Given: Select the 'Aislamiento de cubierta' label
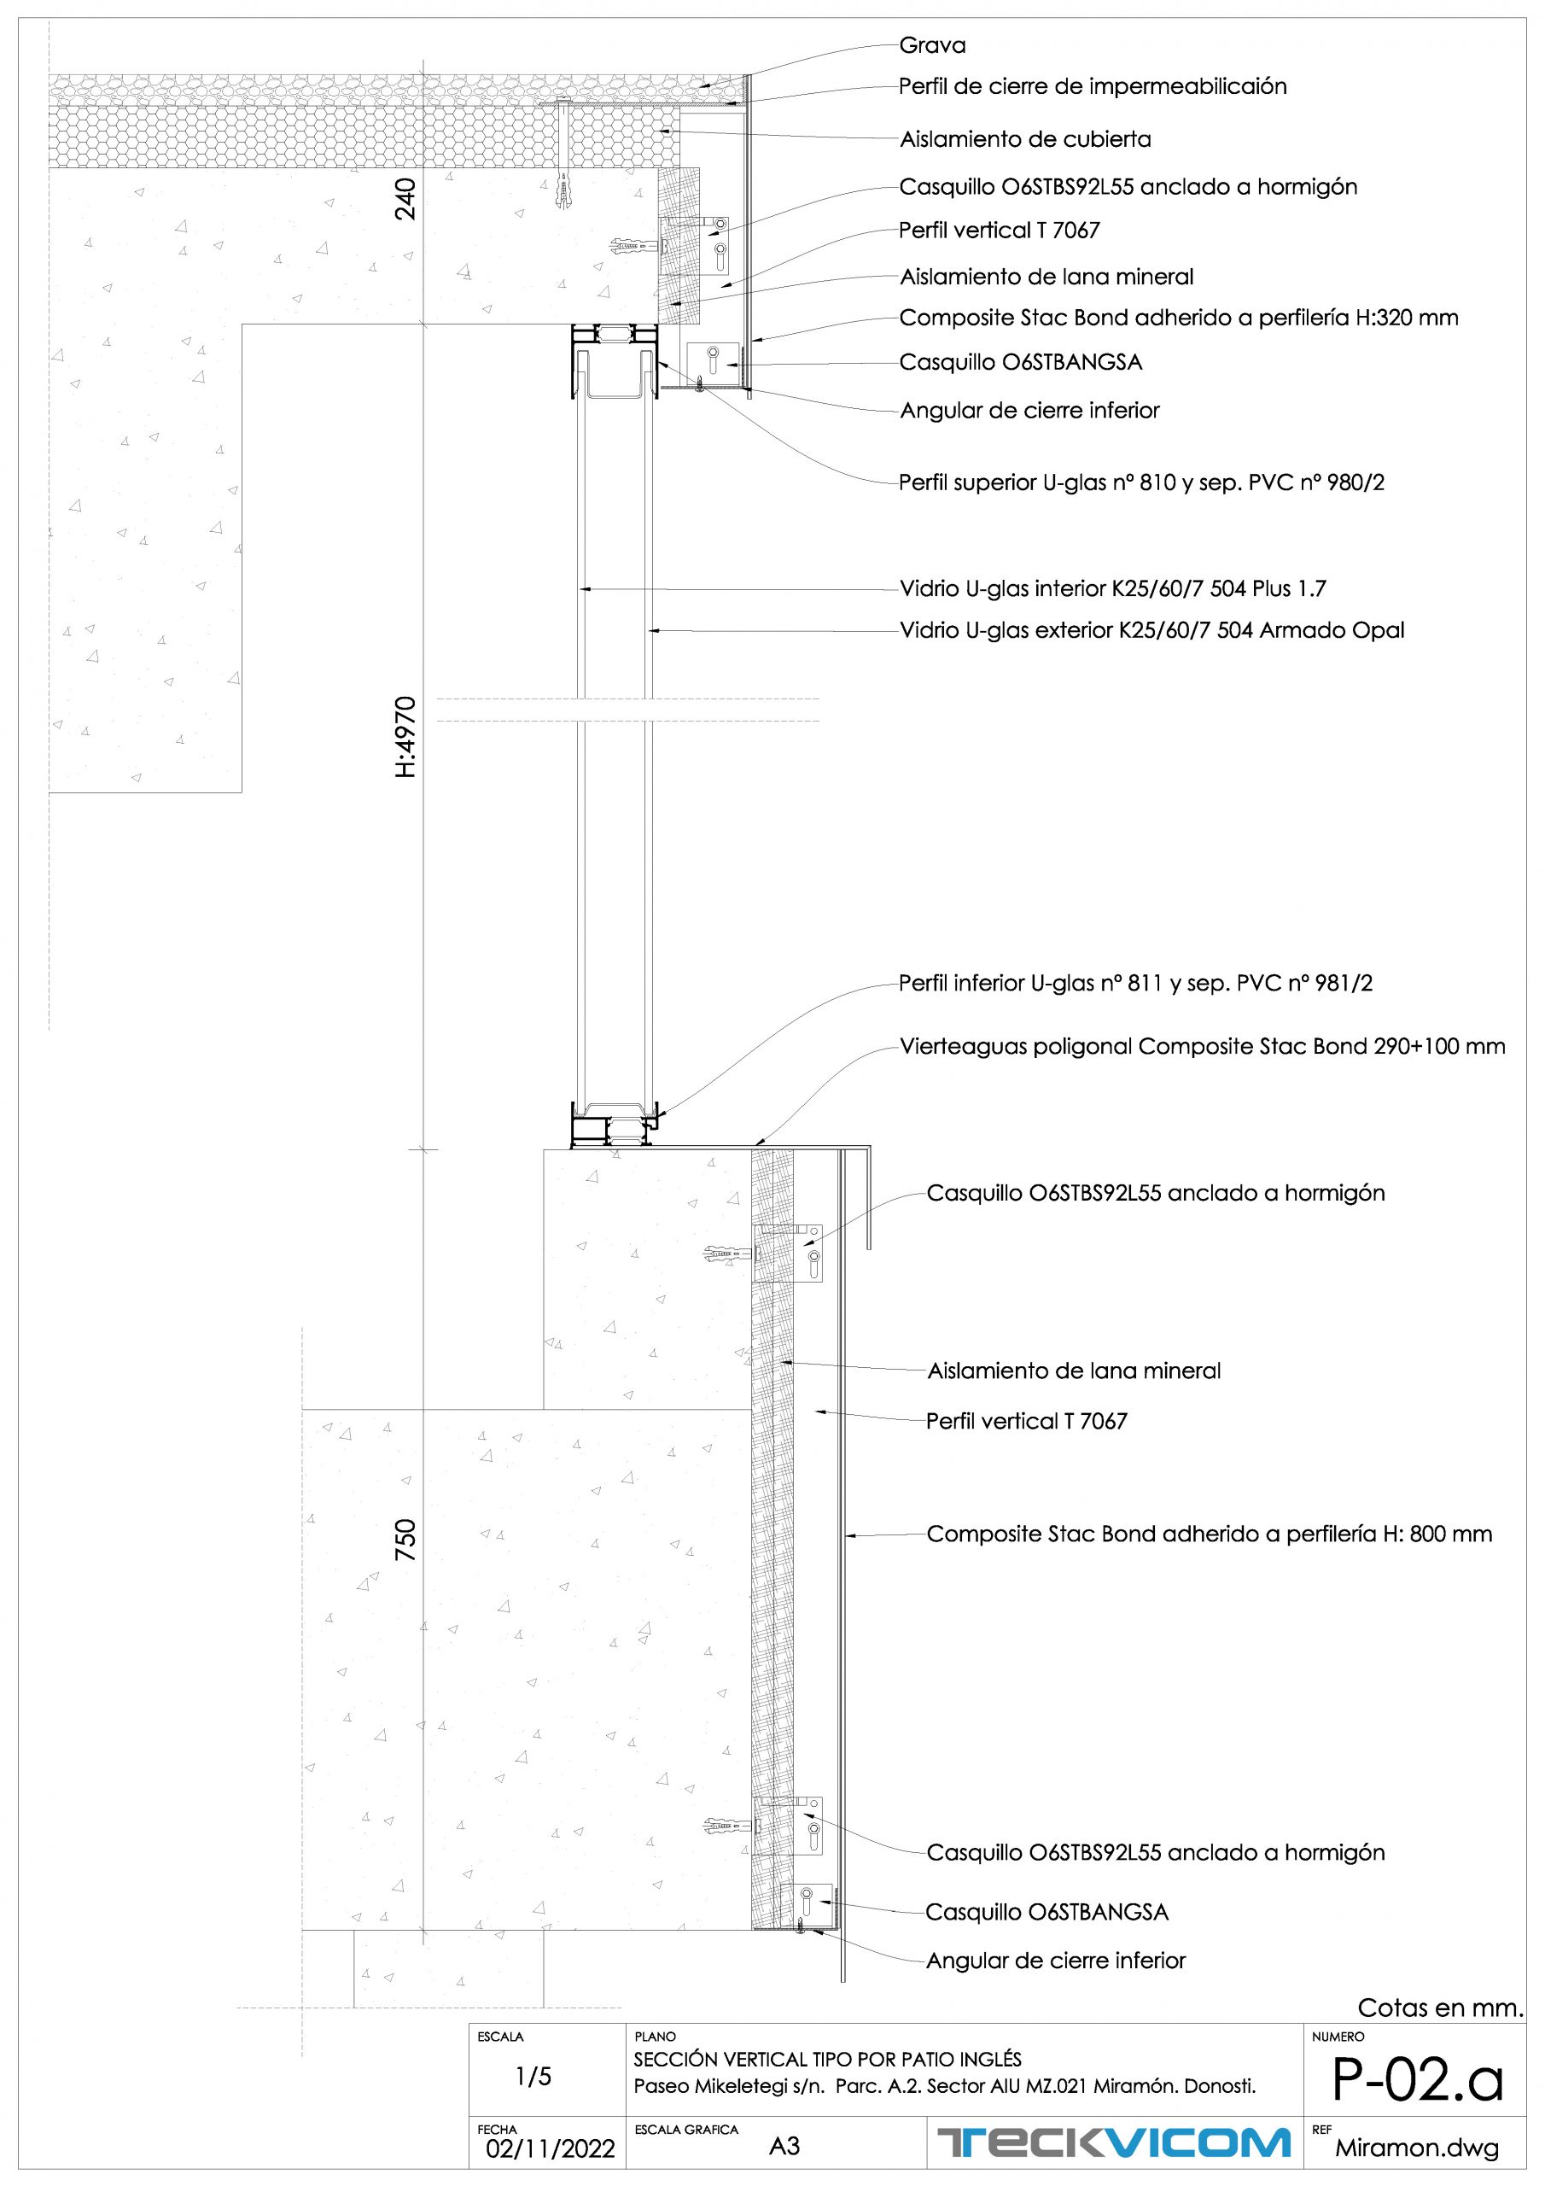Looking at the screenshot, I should click(1025, 140).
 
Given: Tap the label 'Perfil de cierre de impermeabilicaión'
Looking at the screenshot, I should click(1092, 86).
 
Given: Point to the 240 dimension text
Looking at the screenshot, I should click(405, 200).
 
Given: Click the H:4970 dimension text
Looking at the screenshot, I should click(405, 737).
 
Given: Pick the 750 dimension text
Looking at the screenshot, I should click(405, 1539).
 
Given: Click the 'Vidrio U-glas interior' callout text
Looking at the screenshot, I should click(1112, 589).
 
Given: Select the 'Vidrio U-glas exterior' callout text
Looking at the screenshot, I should click(1151, 630).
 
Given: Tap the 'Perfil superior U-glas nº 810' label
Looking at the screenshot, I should click(1141, 482).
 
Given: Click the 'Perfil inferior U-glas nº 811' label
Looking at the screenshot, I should click(1135, 984).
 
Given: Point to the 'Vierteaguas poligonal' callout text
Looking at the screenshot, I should click(1203, 1047).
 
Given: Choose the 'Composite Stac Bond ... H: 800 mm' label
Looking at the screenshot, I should click(1209, 1534).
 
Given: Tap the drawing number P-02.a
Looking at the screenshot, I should click(1416, 2080).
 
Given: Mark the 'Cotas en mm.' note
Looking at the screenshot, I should click(1440, 2008).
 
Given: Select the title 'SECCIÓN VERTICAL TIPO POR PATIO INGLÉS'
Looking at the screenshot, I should click(827, 2060).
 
